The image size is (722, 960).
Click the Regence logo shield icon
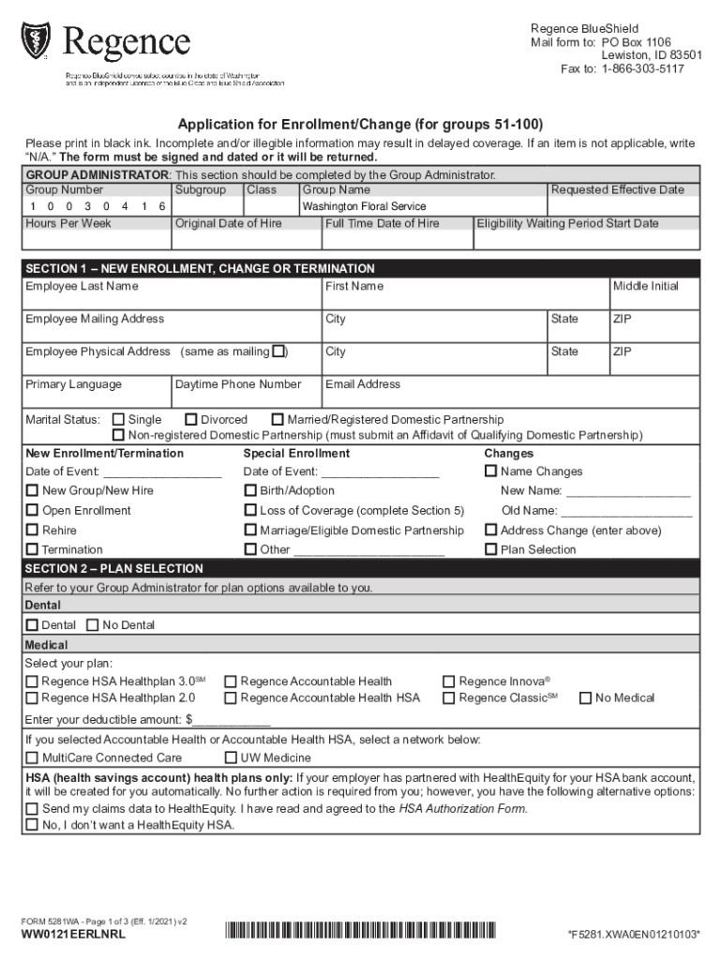[37, 40]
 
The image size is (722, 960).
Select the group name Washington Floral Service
[364, 206]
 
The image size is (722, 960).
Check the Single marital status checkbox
[118, 420]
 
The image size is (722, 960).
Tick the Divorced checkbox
[191, 420]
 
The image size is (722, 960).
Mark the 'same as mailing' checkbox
[278, 352]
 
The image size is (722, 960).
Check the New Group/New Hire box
[33, 490]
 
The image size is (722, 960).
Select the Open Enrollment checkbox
[33, 510]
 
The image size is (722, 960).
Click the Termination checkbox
[33, 549]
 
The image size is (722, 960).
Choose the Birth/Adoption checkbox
[250, 490]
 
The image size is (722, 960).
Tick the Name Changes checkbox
[490, 472]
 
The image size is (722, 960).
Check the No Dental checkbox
[92, 625]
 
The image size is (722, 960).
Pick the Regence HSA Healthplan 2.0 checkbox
[33, 697]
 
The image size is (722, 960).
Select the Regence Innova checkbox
[448, 682]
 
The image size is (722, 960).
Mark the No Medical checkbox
[585, 697]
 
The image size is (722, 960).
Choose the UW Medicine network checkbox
[231, 757]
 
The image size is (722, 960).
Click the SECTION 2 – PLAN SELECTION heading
[114, 569]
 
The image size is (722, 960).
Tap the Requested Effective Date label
[617, 189]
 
